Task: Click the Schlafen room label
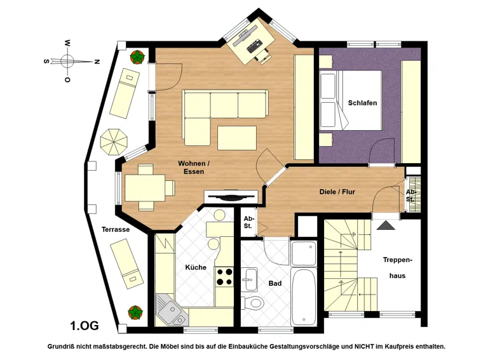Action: [x=362, y=103]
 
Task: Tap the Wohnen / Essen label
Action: [x=192, y=168]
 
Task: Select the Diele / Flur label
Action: [x=337, y=192]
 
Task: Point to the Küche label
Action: [x=196, y=267]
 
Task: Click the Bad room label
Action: [x=275, y=283]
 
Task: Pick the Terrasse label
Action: [x=116, y=230]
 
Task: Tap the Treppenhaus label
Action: [x=397, y=268]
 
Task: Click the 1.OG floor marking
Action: [x=85, y=326]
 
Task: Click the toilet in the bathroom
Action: [x=252, y=302]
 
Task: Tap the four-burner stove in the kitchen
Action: [x=225, y=277]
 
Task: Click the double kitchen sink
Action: [x=170, y=310]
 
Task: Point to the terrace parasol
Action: [x=114, y=142]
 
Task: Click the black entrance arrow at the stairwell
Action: [x=386, y=225]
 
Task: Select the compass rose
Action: [x=67, y=60]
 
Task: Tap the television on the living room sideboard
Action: [x=230, y=197]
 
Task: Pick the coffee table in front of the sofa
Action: [x=237, y=138]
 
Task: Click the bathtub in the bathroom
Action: [x=304, y=297]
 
